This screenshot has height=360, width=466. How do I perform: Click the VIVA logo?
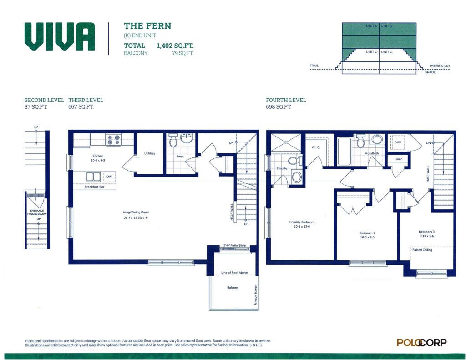coord(60,36)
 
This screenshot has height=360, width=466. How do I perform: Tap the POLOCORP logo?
coord(421,342)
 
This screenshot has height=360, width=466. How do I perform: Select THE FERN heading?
coord(147,26)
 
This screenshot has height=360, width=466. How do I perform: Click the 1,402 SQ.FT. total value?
coord(175,46)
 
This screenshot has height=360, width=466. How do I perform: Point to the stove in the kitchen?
coord(114,140)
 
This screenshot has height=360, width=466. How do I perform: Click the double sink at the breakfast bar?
coord(93,177)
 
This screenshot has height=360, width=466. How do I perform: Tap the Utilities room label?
coord(149,153)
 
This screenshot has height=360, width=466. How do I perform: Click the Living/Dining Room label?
coord(135,212)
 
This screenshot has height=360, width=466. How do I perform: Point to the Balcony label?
coord(233,288)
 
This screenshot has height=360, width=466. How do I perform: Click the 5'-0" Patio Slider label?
coord(235,246)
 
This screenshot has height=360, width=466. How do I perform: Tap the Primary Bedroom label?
coord(302,222)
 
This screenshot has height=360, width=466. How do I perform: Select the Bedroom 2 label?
coord(367,233)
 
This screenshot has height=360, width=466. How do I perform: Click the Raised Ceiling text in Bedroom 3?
coord(422,250)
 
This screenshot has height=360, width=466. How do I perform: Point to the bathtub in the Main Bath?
coord(344,151)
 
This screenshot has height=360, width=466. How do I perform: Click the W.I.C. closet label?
coord(316,147)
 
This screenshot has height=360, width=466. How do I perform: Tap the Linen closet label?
coord(399,159)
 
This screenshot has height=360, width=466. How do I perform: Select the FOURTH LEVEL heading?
coord(286,100)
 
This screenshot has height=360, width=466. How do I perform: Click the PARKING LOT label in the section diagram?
coord(440,66)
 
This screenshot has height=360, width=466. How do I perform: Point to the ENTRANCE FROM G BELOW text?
coord(37,212)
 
